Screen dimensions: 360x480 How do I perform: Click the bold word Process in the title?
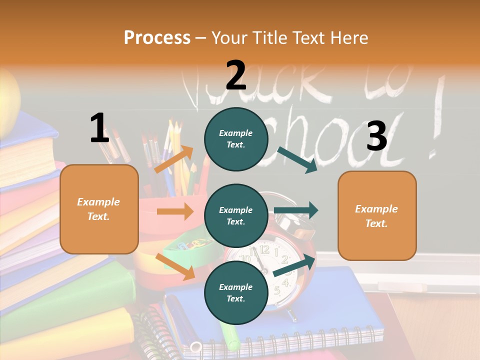tap(157, 37)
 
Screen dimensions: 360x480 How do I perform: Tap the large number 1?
tap(99, 128)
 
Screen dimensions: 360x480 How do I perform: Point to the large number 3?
tap(376, 136)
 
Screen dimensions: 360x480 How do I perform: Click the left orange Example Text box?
tap(99, 209)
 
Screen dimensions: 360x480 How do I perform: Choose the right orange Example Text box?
tap(377, 215)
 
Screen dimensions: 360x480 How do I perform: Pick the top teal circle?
tap(236, 139)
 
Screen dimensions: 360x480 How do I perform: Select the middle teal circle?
tap(236, 215)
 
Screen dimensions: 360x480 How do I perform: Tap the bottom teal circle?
tap(236, 292)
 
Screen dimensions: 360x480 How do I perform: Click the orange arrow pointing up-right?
tap(174, 159)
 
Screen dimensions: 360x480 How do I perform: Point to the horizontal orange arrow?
tap(175, 211)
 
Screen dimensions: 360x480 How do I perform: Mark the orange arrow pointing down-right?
tap(175, 266)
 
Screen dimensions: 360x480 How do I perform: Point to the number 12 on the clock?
tap(264, 248)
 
